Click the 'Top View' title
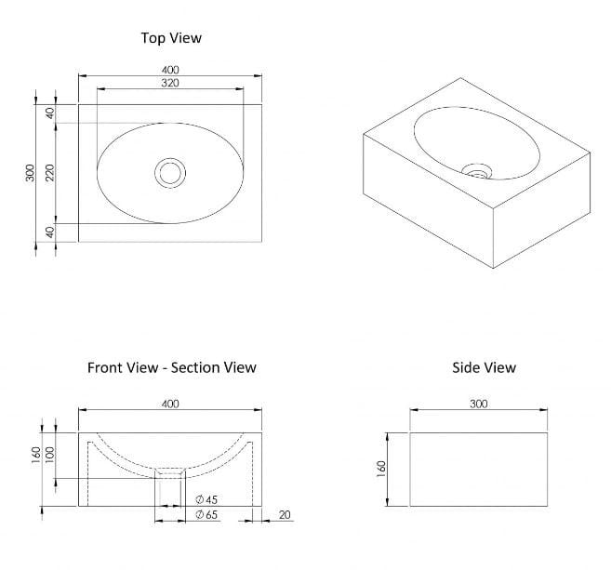click(170, 38)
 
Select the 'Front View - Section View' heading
click(171, 367)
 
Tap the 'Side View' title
click(484, 367)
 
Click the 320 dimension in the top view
click(170, 84)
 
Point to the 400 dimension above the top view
click(170, 70)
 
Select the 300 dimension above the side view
click(479, 404)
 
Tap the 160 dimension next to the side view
click(382, 469)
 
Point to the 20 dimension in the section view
click(283, 514)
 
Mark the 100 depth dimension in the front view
click(49, 456)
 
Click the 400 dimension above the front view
click(170, 404)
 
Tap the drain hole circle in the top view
click(170, 172)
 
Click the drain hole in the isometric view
click(478, 171)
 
